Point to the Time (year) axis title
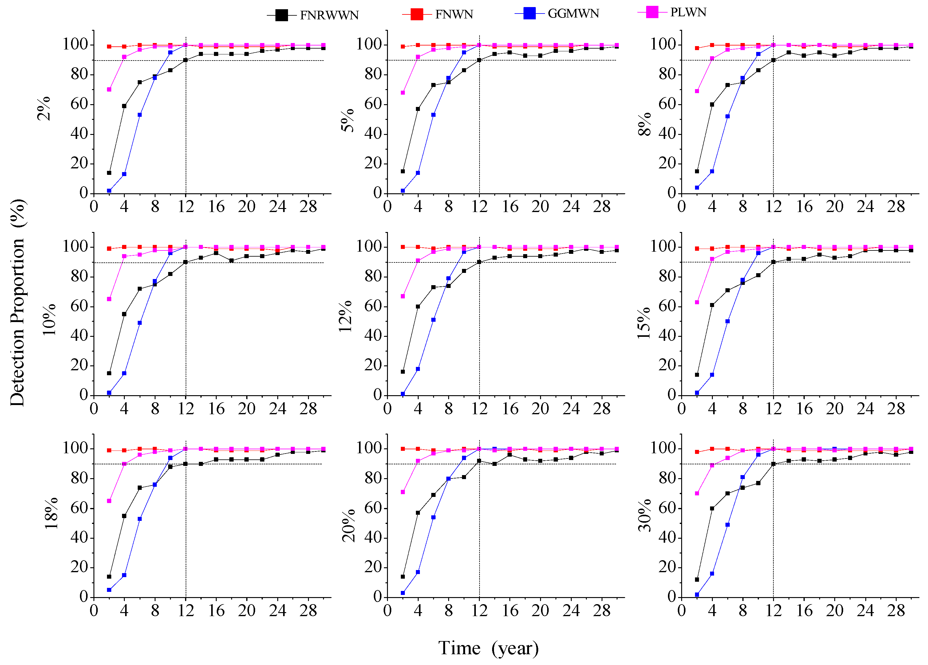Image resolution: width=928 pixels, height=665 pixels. tap(488, 648)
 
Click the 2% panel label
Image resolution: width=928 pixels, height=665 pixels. tap(44, 108)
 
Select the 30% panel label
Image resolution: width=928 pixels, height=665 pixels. tap(645, 515)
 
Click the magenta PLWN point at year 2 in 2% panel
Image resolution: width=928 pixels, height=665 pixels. tap(109, 89)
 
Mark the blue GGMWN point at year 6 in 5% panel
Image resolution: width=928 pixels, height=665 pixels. tap(433, 115)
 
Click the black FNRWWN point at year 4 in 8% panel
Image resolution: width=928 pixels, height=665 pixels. tap(712, 105)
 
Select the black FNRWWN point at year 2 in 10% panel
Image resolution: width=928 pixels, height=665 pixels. tap(109, 373)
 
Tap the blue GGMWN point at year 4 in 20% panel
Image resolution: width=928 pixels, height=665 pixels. tap(418, 572)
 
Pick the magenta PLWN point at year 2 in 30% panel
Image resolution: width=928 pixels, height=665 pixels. tap(697, 494)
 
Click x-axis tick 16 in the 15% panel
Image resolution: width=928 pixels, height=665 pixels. tap(804, 409)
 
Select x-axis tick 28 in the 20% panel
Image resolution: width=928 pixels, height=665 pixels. tap(602, 611)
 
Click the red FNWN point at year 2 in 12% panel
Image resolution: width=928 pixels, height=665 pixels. tap(403, 247)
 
